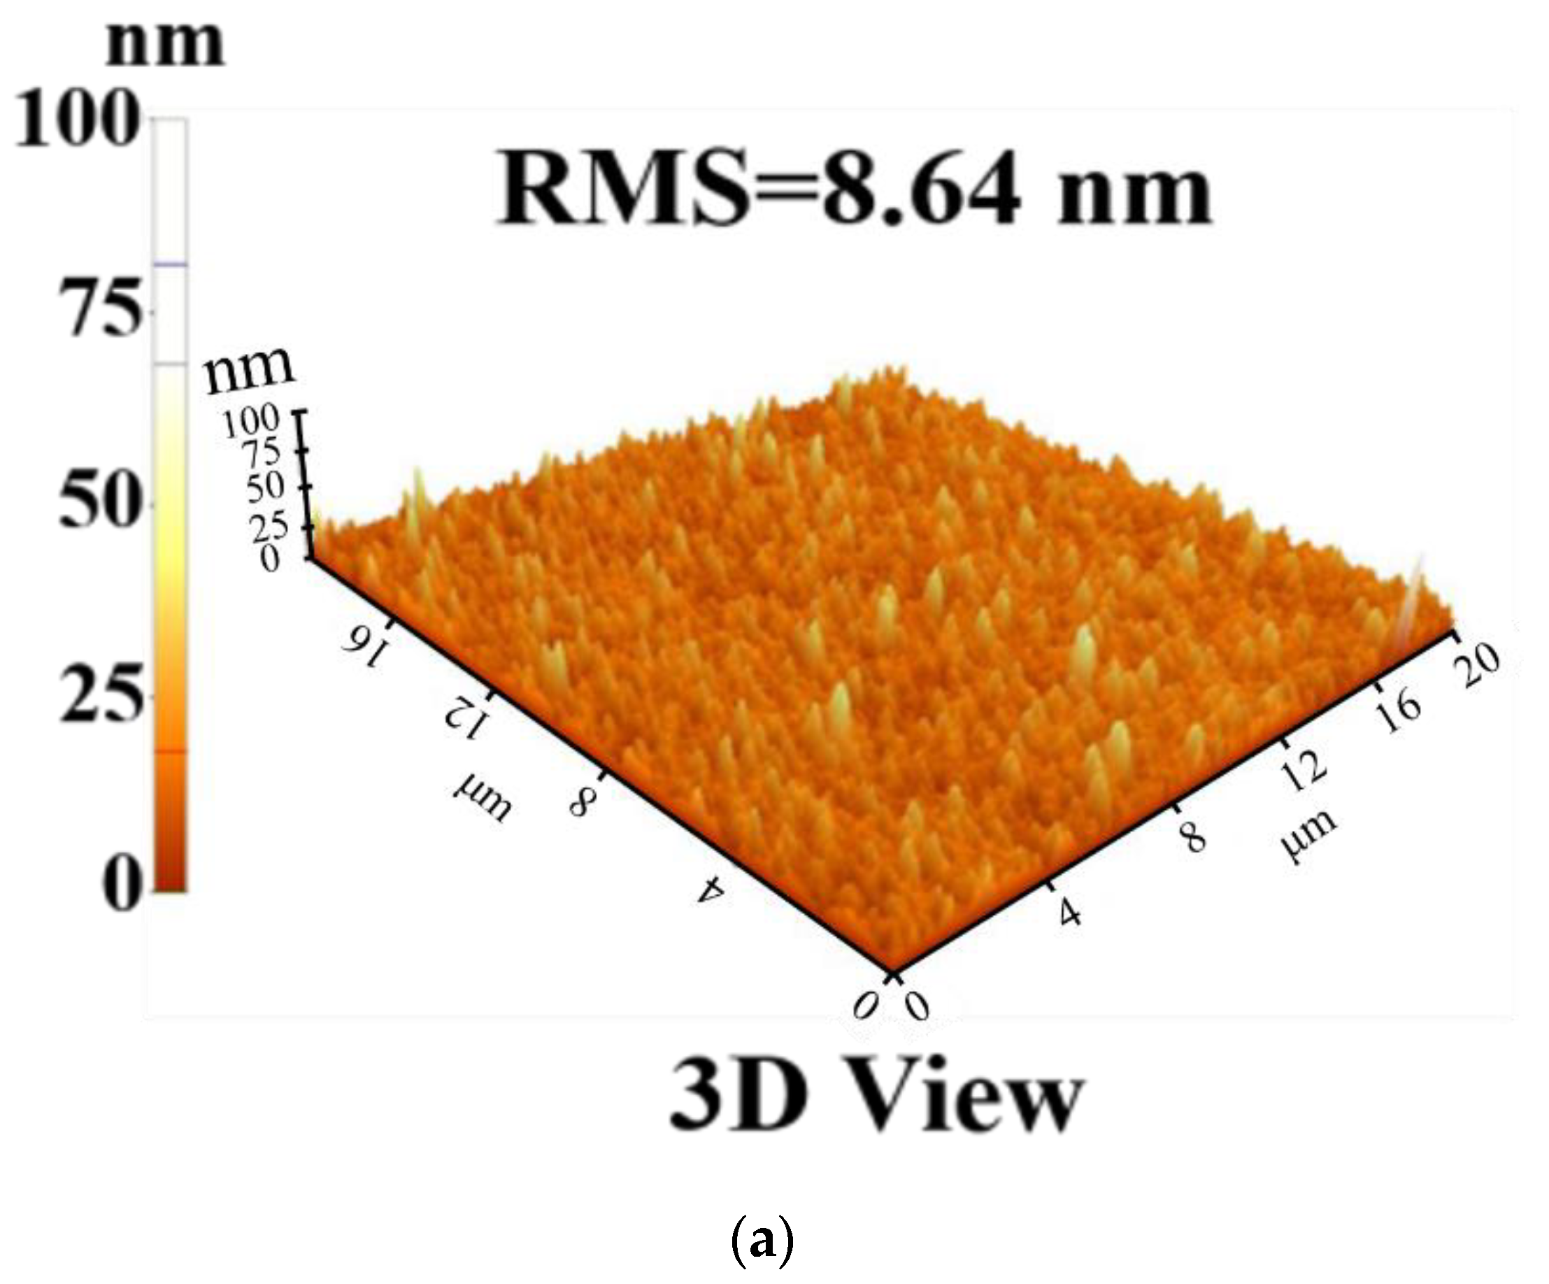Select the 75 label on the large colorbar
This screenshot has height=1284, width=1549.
coord(103,310)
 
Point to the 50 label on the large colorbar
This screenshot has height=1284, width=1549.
coord(99,503)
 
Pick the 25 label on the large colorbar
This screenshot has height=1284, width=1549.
coord(99,694)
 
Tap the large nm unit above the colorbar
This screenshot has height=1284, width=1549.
coord(165,43)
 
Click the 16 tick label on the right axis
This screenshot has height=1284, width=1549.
coord(1400,711)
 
